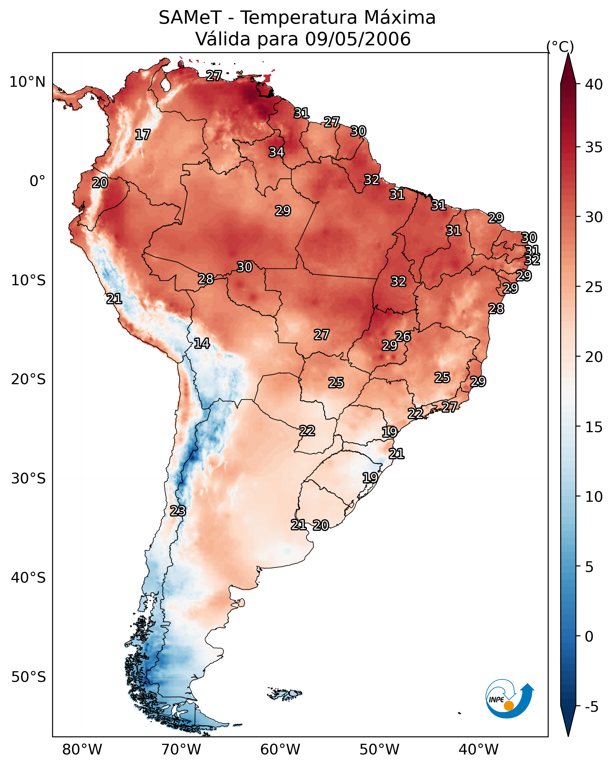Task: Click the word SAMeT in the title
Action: [190, 18]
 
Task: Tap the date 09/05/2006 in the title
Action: [358, 39]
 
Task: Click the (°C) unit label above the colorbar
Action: [560, 47]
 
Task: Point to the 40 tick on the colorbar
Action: [594, 84]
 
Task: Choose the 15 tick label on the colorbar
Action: [594, 427]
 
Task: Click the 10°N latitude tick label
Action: [27, 82]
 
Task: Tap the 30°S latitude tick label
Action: [28, 479]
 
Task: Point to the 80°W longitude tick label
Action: [82, 750]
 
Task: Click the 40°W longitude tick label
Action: [478, 750]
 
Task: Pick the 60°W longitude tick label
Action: [280, 750]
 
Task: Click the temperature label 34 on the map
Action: [276, 152]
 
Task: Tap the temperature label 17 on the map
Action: [143, 135]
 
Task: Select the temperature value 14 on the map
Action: [202, 343]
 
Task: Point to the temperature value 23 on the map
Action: [178, 511]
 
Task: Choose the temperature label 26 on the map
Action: [403, 336]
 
